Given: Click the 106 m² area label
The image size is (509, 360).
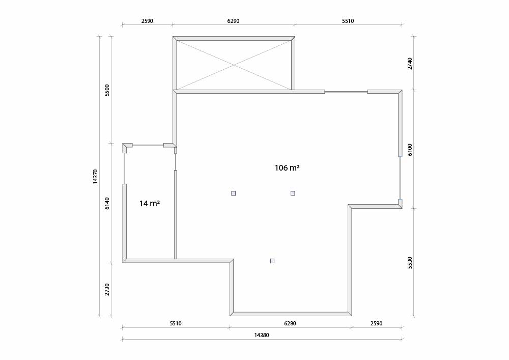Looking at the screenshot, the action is [287, 168].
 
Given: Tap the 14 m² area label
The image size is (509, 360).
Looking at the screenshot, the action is [149, 204].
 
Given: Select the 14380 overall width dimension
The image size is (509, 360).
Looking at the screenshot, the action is [261, 336].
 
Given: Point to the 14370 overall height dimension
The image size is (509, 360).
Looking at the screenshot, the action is [95, 177].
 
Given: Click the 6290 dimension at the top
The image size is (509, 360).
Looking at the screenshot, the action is [233, 21].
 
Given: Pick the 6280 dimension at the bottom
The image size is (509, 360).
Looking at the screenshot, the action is [290, 323].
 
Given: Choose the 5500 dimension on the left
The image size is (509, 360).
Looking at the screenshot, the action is [107, 90].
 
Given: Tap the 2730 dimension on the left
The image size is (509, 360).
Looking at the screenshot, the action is [107, 289].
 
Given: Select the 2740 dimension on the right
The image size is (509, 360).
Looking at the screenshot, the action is [410, 63].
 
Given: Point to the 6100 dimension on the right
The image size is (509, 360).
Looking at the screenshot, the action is [410, 150].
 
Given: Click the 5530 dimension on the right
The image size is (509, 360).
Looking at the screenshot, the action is [410, 263].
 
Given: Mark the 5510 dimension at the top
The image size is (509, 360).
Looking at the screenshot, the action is [348, 21].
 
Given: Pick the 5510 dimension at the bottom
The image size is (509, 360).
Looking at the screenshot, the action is [176, 323].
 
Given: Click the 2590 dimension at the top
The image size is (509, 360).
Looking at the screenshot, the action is [147, 21].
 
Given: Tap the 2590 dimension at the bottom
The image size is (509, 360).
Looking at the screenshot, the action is [376, 323].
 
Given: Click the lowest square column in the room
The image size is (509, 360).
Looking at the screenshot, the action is [272, 261].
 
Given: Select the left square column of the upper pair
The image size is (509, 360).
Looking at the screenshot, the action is [234, 193].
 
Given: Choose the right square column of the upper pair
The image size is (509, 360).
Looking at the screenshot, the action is [293, 193].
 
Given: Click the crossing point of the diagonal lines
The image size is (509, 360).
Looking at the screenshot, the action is [234, 65].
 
